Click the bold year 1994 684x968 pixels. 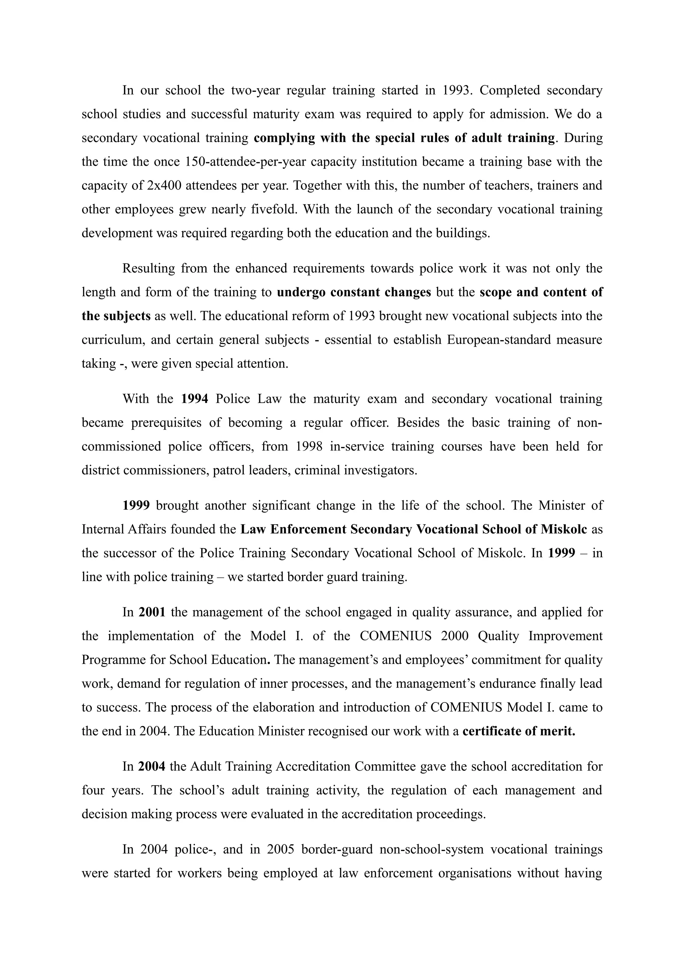tap(195, 399)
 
